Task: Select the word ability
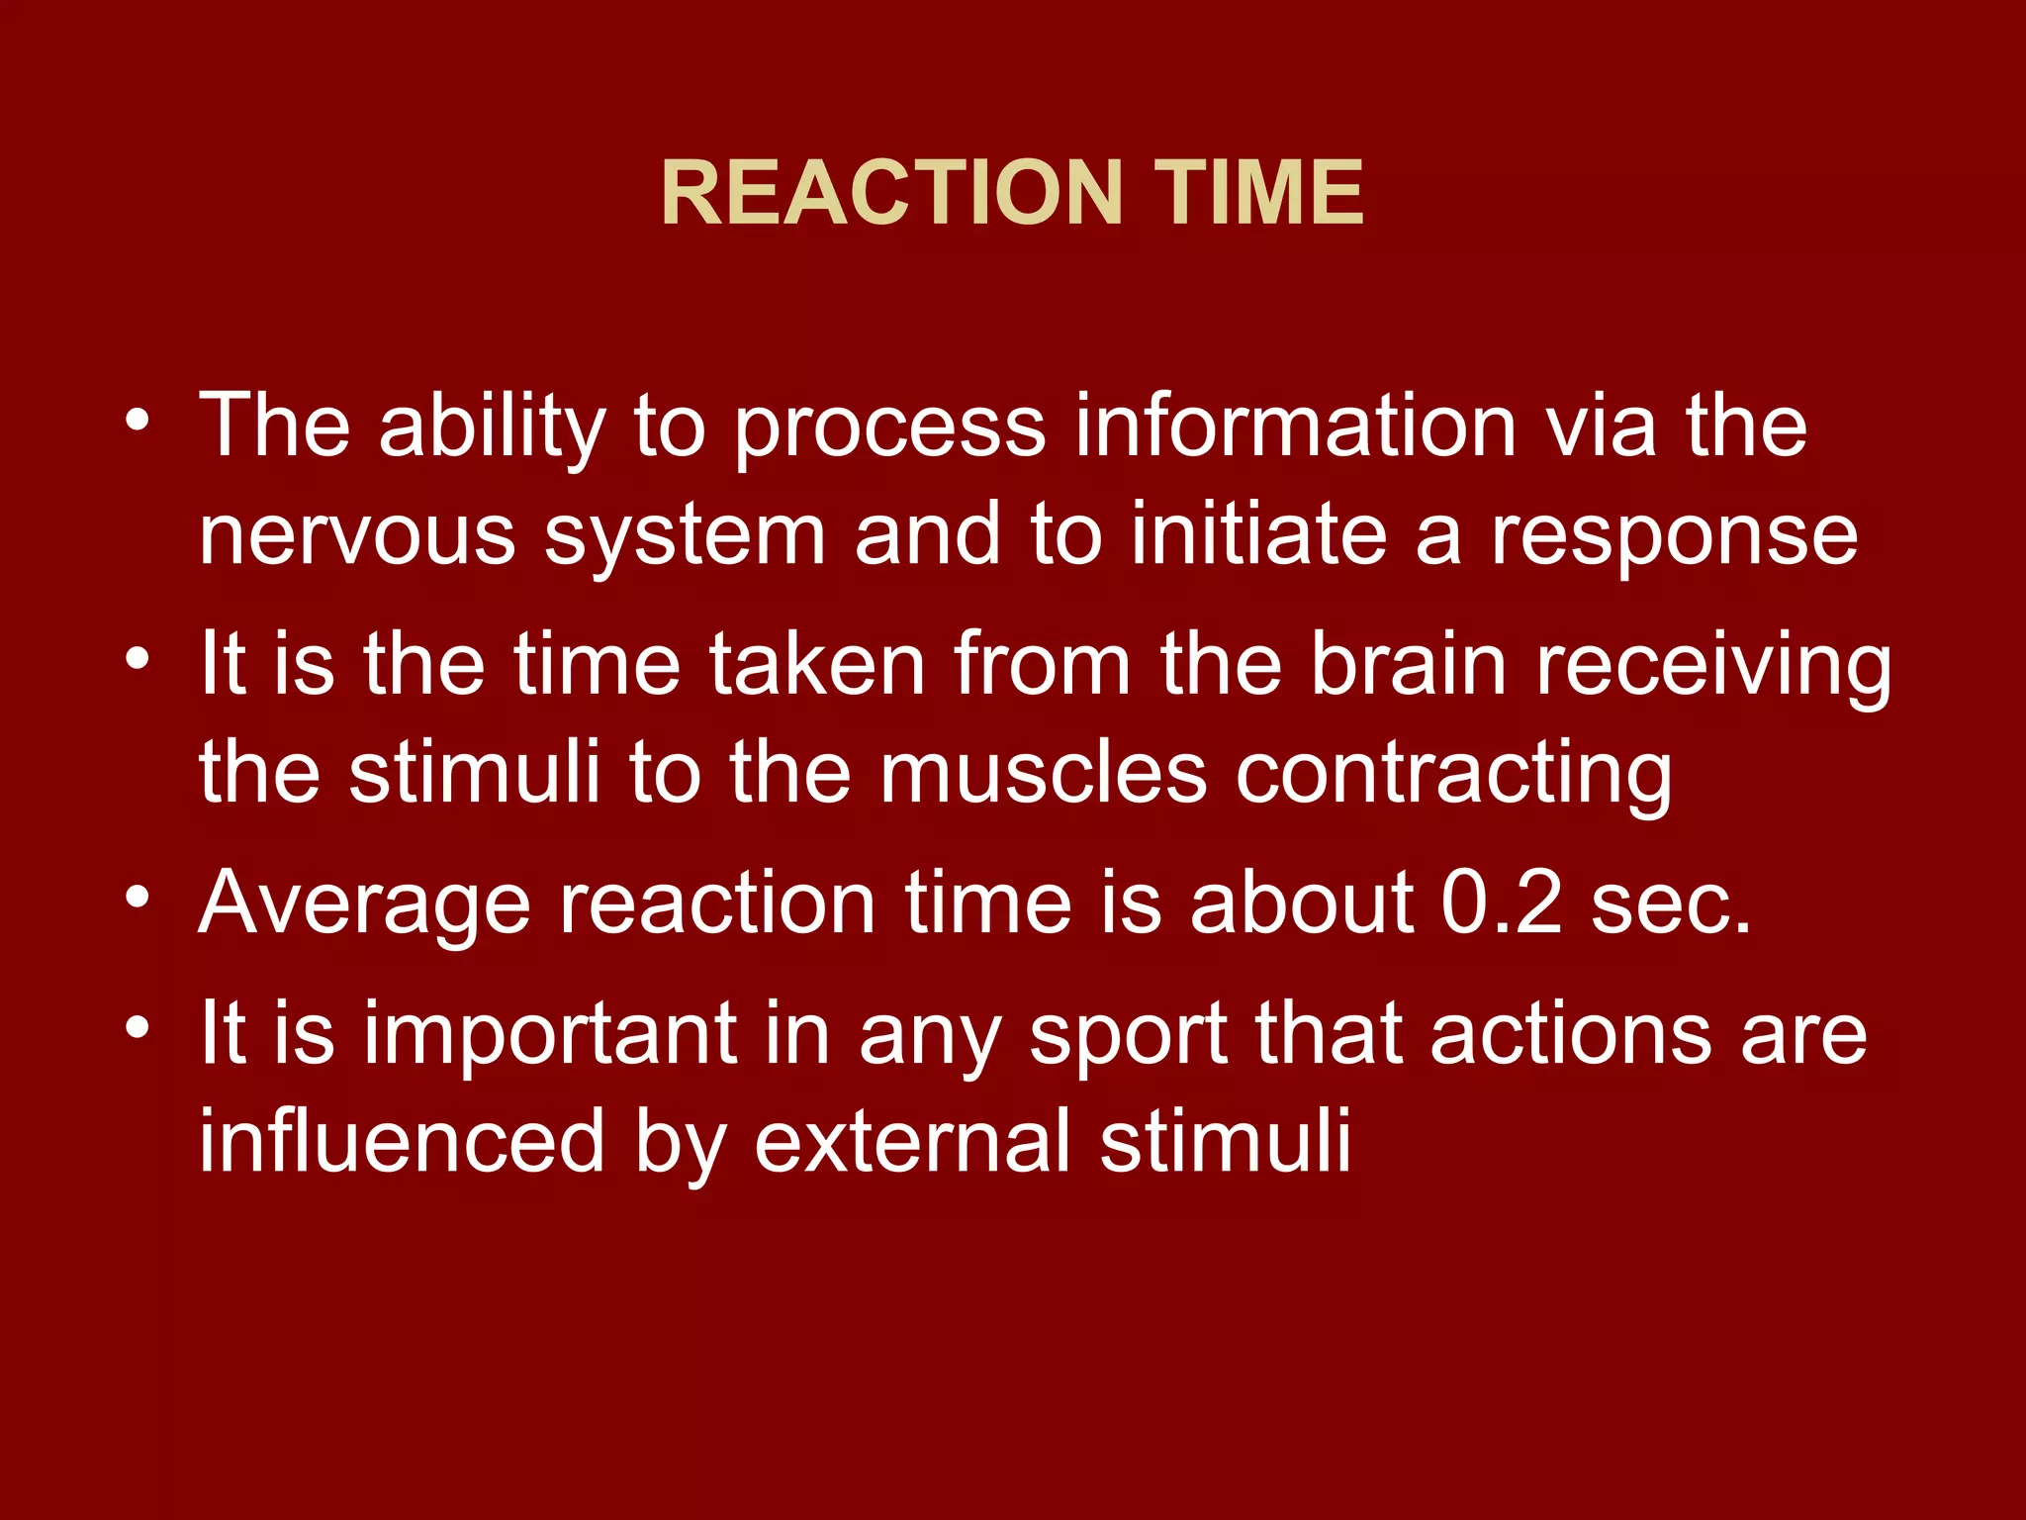[x=492, y=427]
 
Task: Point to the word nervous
[x=357, y=537]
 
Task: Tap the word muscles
[x=1043, y=773]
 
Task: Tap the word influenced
[x=402, y=1142]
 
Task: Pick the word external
[x=912, y=1142]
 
